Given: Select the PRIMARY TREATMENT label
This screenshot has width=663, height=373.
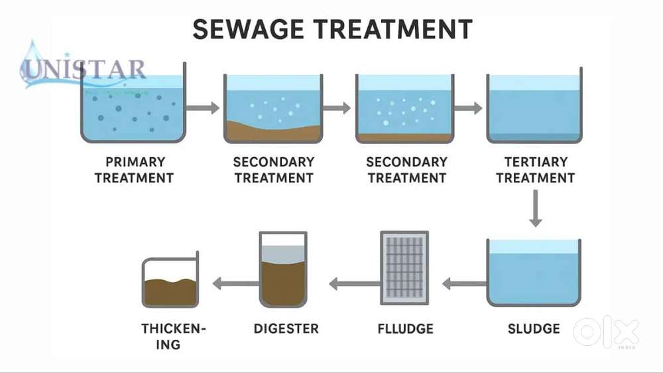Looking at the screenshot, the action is [x=134, y=170].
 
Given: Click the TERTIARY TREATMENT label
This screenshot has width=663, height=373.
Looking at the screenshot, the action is [x=535, y=170].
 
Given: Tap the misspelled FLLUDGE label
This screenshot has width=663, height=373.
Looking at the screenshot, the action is [x=406, y=329].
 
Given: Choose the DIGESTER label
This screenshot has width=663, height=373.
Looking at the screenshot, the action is [x=286, y=329].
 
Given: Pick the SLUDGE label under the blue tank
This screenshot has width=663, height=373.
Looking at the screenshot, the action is [x=534, y=329].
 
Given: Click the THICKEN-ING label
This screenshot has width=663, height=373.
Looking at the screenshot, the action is [x=173, y=336].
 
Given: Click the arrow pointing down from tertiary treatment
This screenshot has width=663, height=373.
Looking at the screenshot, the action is [x=535, y=208].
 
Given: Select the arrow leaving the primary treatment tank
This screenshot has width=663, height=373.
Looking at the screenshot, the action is [x=203, y=108].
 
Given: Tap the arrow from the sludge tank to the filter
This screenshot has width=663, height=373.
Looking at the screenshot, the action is [x=465, y=283].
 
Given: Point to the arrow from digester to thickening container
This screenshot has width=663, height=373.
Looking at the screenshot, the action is [x=236, y=283].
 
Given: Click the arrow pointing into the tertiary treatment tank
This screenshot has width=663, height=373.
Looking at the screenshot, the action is [x=468, y=108].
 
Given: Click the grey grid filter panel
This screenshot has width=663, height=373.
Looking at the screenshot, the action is [x=404, y=267].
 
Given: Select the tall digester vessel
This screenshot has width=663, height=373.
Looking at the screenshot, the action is [x=283, y=269].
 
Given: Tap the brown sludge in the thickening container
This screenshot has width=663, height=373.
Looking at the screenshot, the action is [x=170, y=291].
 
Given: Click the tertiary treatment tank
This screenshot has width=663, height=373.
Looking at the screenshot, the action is [x=534, y=106].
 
